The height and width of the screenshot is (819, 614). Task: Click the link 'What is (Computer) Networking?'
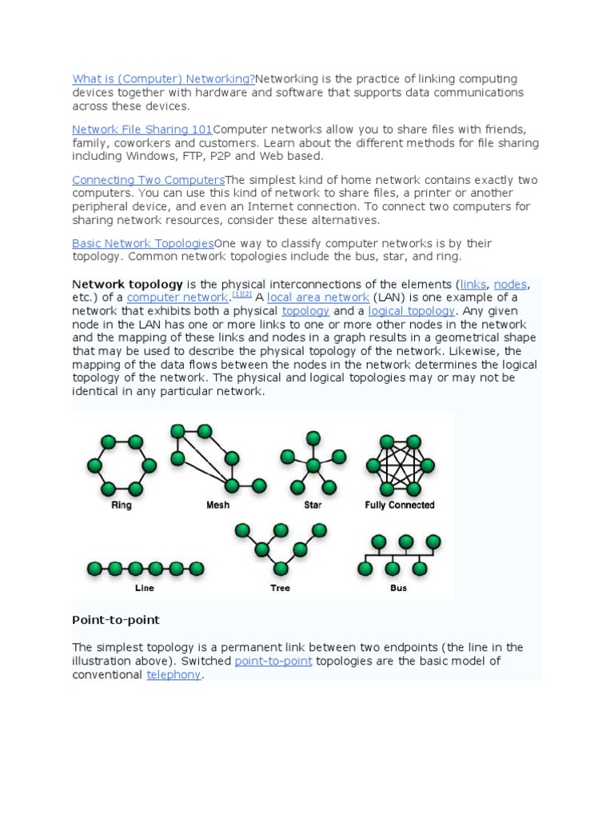click(163, 78)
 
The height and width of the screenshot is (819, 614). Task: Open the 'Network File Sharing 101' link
click(142, 129)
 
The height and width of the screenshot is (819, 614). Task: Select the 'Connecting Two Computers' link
click(148, 179)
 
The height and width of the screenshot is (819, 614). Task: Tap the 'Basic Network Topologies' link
click(142, 242)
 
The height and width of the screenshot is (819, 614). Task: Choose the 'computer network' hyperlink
click(177, 298)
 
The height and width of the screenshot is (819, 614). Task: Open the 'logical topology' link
click(410, 311)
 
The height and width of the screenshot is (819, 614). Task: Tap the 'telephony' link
click(174, 675)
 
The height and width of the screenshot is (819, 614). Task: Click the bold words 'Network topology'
click(128, 284)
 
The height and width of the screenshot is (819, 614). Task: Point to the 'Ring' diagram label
click(122, 505)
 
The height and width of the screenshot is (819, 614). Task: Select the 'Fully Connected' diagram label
click(399, 505)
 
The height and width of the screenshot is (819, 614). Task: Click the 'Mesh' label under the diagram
click(217, 505)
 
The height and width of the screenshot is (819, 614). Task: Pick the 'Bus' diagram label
click(398, 588)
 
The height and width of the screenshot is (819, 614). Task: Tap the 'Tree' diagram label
click(281, 588)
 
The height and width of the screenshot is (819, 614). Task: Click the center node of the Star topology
click(313, 465)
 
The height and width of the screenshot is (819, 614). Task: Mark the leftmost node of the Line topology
click(94, 569)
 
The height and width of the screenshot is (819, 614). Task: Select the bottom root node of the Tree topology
click(281, 568)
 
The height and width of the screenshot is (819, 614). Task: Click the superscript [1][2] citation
click(241, 294)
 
